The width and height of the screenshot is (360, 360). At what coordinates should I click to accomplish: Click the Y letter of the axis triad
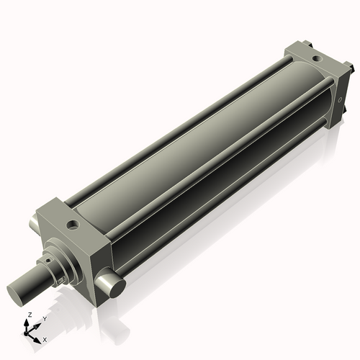[x=44, y=318]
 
